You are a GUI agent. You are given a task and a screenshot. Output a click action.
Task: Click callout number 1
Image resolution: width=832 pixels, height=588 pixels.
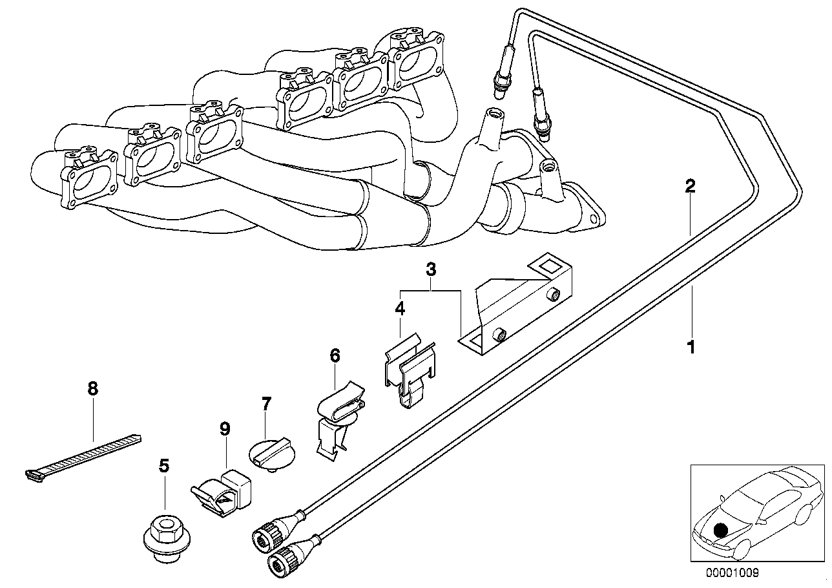[x=691, y=348]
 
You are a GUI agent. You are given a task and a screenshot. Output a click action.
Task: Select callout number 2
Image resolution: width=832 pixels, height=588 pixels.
[x=690, y=187]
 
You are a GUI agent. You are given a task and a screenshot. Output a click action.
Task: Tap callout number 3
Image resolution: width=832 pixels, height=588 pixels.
[x=431, y=269]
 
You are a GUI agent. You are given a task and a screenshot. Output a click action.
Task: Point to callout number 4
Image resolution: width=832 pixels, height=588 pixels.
[x=400, y=310]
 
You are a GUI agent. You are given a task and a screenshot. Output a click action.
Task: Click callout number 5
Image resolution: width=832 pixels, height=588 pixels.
[x=164, y=465]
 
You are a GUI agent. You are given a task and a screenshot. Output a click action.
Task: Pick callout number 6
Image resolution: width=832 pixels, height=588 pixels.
[x=334, y=355]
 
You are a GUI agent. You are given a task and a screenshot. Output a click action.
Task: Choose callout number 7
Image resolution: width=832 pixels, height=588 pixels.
[x=266, y=404]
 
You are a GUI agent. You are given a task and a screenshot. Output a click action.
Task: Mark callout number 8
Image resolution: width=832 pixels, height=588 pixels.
[x=93, y=388]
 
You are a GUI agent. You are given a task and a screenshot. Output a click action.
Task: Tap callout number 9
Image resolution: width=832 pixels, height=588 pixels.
[x=225, y=428]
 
